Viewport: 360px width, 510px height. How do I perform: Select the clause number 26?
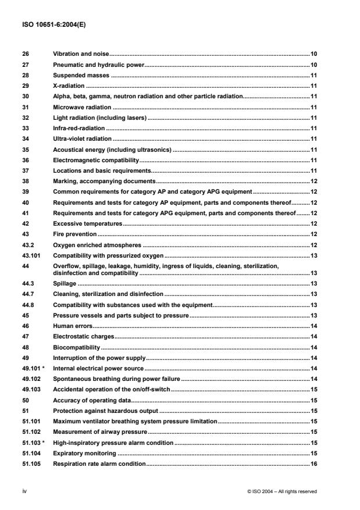pyautogui.click(x=24, y=54)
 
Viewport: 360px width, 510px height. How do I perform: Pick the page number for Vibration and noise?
pyautogui.click(x=313, y=54)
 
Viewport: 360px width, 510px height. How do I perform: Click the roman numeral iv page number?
pyautogui.click(x=23, y=491)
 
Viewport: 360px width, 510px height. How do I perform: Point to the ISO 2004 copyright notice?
pyautogui.click(x=281, y=491)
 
